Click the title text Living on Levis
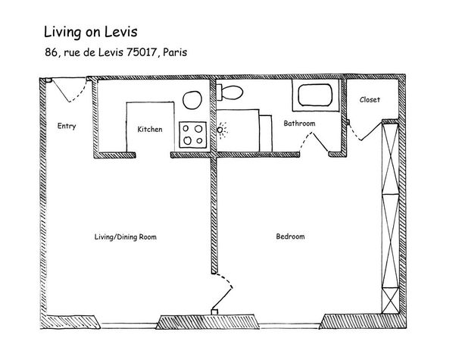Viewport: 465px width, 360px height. click(91, 33)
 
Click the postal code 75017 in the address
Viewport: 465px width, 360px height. click(141, 52)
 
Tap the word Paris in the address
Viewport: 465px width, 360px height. click(175, 52)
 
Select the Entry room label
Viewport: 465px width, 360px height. click(67, 126)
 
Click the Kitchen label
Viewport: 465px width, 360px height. click(150, 129)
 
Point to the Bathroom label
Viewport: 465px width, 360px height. click(299, 124)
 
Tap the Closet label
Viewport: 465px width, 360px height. click(370, 99)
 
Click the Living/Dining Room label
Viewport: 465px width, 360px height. click(126, 236)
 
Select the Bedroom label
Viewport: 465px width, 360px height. click(290, 236)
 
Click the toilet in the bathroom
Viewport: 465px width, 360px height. click(229, 92)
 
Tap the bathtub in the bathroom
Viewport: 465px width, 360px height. click(315, 95)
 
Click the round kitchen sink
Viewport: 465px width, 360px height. click(192, 100)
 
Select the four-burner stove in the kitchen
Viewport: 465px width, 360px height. click(192, 135)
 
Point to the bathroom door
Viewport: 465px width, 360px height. click(314, 142)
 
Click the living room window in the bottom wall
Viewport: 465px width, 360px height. click(129, 326)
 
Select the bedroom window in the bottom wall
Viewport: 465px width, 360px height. click(290, 326)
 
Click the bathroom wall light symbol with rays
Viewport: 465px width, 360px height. click(220, 130)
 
